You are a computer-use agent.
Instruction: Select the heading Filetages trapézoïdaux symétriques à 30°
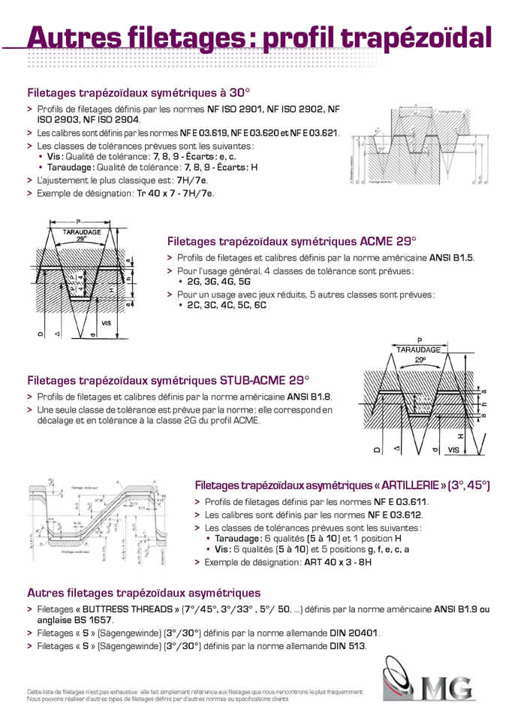[x=137, y=94]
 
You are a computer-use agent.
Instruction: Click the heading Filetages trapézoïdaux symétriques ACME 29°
[x=291, y=242]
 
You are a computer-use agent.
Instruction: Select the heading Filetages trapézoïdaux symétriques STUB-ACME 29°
[x=168, y=380]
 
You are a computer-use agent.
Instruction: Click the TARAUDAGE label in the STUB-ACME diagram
[x=418, y=349]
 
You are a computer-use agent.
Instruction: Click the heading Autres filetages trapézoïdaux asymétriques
[x=144, y=593]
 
